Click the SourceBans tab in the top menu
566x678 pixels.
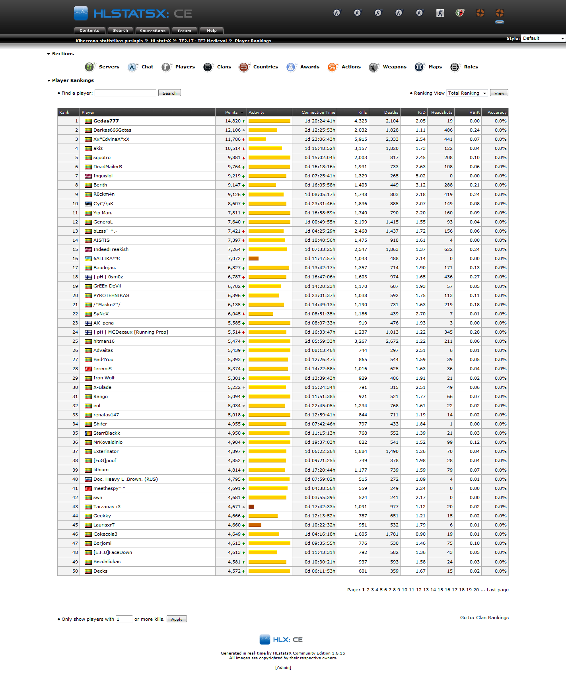tap(152, 31)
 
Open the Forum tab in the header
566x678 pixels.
tap(184, 31)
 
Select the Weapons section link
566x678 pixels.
tap(394, 67)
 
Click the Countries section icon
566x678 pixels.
tap(244, 67)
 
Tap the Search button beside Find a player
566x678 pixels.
tap(169, 93)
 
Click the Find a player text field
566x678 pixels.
tap(125, 93)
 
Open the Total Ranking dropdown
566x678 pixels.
tap(467, 93)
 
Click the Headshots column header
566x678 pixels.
tap(442, 113)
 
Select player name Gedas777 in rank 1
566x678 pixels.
tap(106, 121)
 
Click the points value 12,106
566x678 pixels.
tap(233, 130)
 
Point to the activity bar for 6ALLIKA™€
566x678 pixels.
tap(253, 258)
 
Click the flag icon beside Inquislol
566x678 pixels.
tap(88, 176)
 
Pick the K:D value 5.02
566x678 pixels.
tap(420, 176)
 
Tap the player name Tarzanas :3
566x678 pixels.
tap(107, 507)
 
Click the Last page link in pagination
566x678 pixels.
tap(498, 590)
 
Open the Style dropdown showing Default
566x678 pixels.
tap(543, 38)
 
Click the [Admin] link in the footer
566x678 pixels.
tap(283, 667)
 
